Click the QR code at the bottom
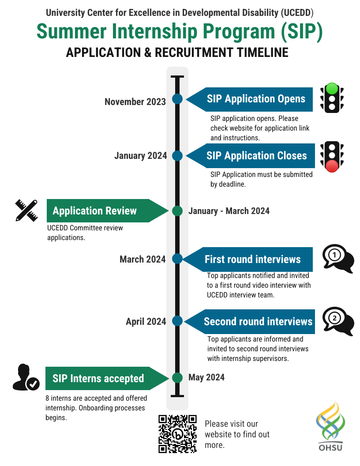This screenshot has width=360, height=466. [177, 434]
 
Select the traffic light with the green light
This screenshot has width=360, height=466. [332, 98]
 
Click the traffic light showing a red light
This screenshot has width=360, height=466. [332, 157]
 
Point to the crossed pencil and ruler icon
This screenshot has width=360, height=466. [26, 210]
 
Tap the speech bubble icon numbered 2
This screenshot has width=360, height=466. [338, 319]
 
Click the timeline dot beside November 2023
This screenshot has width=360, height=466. [177, 99]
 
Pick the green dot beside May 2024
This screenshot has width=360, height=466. [177, 378]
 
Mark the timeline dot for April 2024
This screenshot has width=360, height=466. [177, 321]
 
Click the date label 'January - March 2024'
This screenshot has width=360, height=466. [229, 211]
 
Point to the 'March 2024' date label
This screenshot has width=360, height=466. [142, 259]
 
